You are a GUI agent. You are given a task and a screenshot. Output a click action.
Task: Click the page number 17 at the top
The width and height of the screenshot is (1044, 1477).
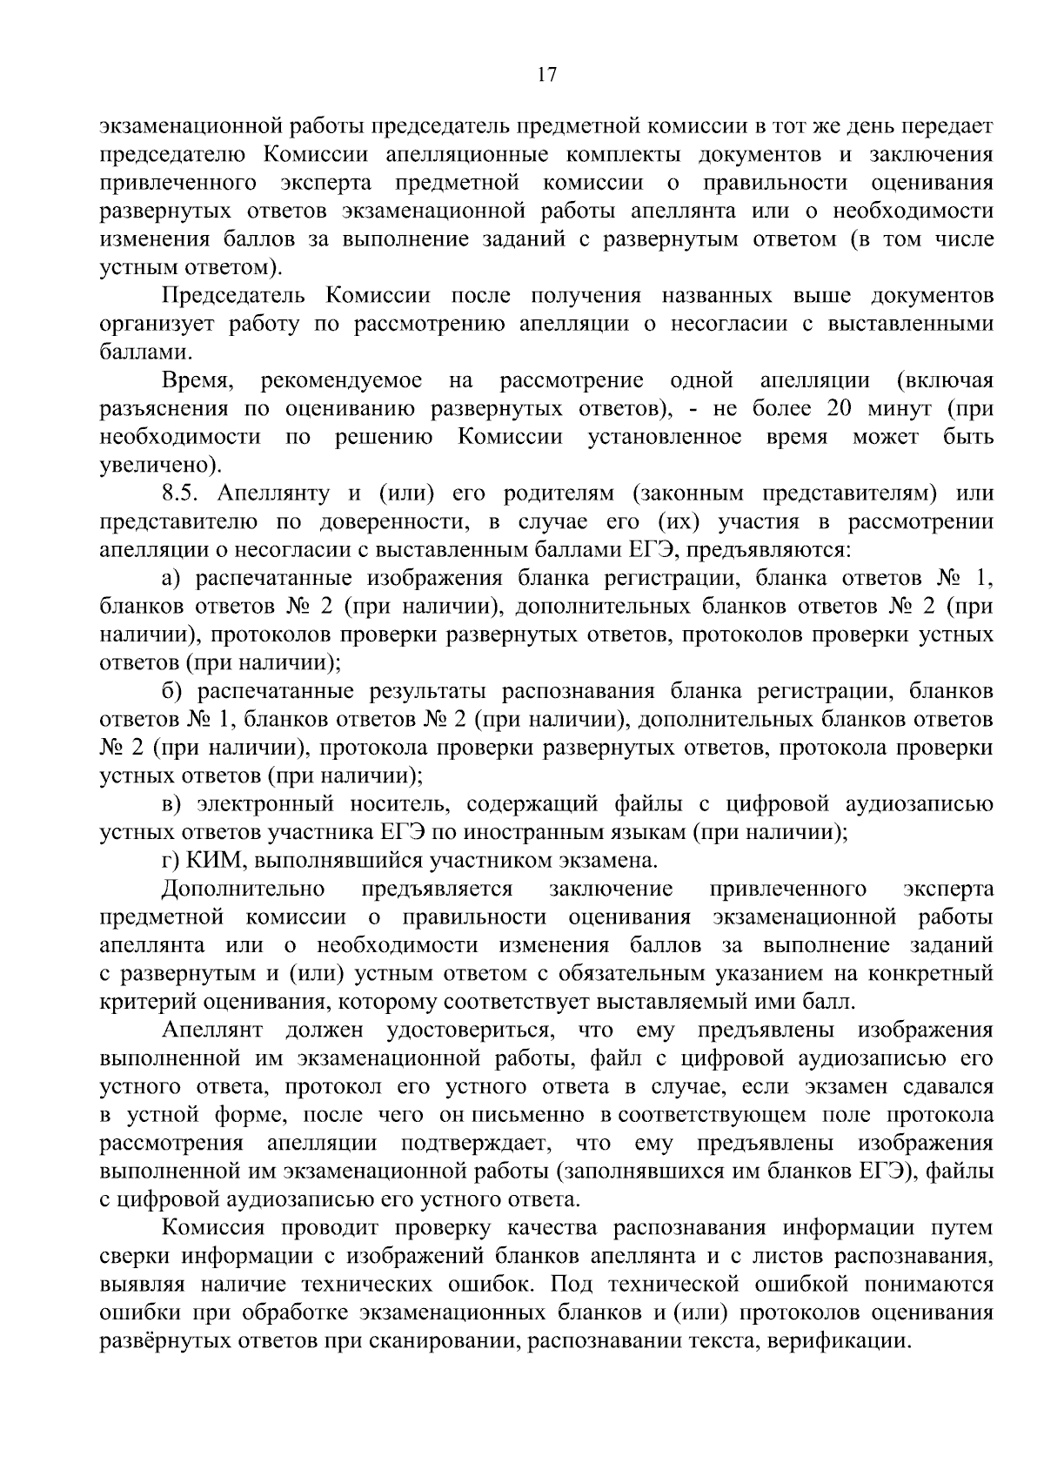(x=546, y=75)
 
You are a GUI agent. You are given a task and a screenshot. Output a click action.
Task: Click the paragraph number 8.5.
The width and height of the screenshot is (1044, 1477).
(x=182, y=493)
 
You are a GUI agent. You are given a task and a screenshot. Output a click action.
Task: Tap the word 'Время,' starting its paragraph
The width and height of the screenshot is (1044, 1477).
(x=196, y=380)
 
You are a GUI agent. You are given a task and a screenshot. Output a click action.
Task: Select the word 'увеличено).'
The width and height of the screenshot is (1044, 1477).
(x=154, y=465)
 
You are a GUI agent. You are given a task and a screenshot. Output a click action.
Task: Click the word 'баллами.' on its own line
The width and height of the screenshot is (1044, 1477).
(x=144, y=352)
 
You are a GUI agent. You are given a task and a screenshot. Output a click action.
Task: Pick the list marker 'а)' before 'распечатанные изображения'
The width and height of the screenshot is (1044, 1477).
(x=171, y=578)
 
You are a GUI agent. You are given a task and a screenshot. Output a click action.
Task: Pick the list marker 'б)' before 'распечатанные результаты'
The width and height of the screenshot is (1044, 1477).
(x=172, y=691)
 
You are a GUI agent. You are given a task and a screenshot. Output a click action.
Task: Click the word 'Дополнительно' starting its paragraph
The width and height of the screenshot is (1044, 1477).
(x=244, y=889)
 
